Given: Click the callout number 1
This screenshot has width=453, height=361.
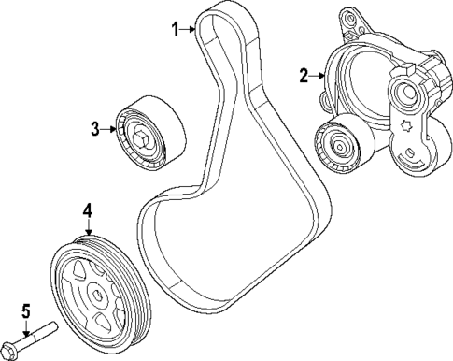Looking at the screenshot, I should coord(174,29).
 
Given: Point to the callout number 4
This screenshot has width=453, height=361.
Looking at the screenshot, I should coord(88,212).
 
